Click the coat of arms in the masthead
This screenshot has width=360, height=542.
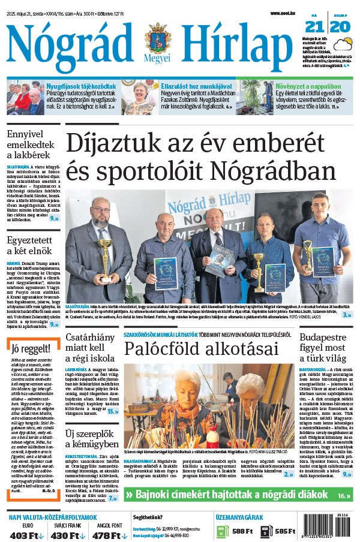click(x=158, y=37)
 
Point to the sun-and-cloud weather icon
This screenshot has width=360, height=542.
click(x=345, y=45)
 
